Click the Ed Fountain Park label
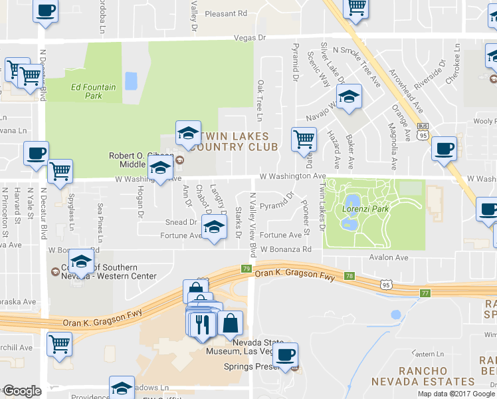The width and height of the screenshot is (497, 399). pos(93,91)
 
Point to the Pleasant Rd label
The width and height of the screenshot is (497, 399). pos(226,13)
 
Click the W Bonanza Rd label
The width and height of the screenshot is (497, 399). pos(286,249)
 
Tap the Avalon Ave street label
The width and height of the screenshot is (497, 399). pos(389,257)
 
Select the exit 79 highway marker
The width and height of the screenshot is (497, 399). pos(246,269)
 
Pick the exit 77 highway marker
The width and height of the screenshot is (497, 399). pos(425,292)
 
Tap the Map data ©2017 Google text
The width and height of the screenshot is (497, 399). pos(457,394)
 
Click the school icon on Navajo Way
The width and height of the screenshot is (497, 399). pos(349,97)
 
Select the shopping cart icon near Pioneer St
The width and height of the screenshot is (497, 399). pos(304,140)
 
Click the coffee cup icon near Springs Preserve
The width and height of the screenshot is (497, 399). pos(286,354)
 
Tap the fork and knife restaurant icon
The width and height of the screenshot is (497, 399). pos(203,324)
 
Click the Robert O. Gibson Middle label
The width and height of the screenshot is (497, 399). pos(136,160)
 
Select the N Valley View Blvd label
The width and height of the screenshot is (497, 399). pos(252,226)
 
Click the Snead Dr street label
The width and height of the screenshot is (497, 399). pos(181,222)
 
